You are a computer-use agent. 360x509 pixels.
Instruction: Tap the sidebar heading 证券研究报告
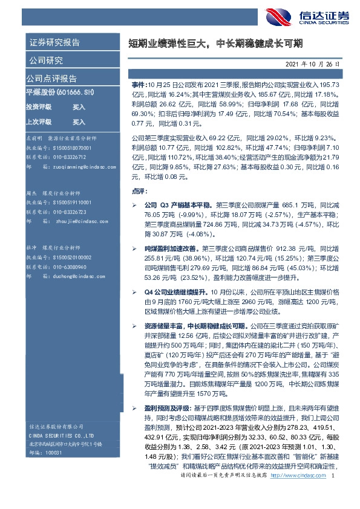53,42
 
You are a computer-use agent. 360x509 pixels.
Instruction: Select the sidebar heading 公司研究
45,60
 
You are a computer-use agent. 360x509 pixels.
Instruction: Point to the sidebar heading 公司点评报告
51,79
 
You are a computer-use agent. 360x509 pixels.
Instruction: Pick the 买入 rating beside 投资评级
79,106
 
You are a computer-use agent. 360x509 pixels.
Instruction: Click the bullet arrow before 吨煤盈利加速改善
134,248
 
